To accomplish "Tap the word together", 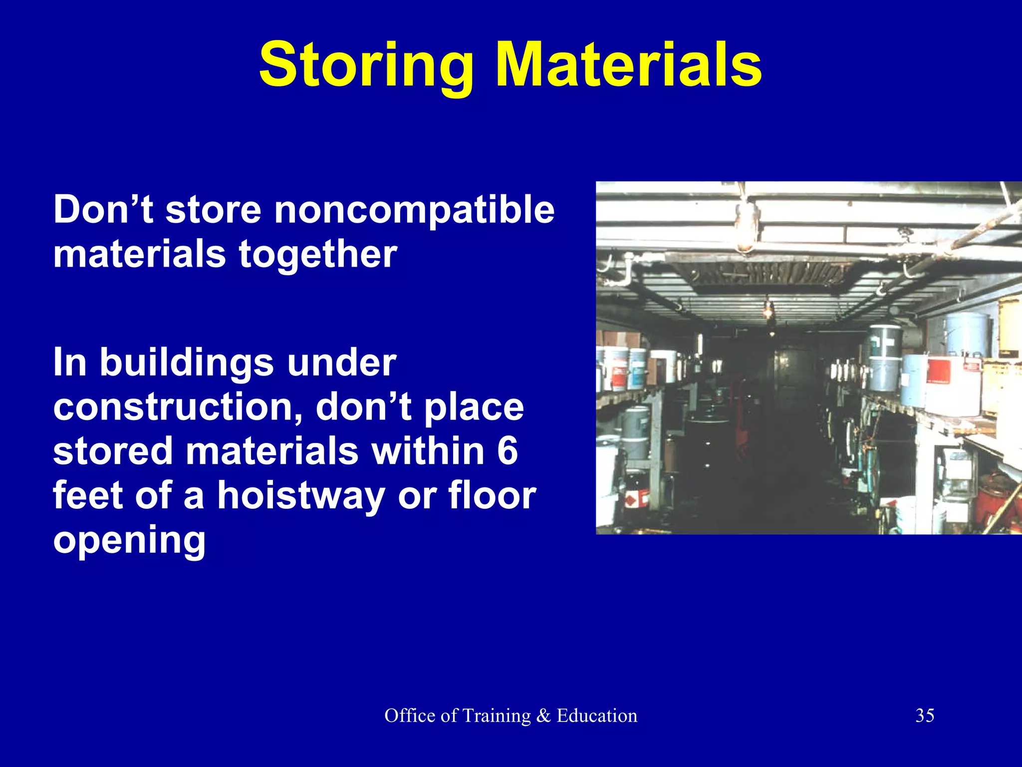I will click(x=318, y=254).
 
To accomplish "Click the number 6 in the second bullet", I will click(x=507, y=450).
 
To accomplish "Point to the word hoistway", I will click(x=301, y=495).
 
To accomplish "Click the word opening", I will click(x=129, y=540).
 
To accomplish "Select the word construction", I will click(x=177, y=406).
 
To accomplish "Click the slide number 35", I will click(x=924, y=716).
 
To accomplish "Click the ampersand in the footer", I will click(x=543, y=716).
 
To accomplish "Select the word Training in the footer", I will click(x=496, y=716).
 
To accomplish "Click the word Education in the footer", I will click(x=597, y=716).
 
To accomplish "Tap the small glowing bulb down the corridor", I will click(x=769, y=311).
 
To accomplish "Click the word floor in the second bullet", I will click(x=492, y=495).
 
